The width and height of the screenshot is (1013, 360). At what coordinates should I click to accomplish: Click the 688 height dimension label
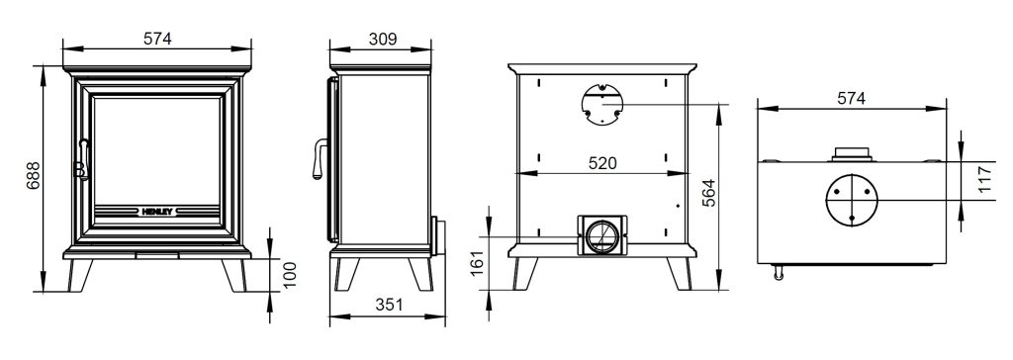pos(33,175)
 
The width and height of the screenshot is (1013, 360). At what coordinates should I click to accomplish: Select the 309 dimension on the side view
pos(383,39)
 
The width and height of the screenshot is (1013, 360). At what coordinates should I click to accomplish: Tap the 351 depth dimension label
pos(388,305)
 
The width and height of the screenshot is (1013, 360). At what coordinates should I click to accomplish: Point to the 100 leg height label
pos(290,275)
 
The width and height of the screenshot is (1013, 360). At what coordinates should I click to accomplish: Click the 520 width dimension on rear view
pos(602,163)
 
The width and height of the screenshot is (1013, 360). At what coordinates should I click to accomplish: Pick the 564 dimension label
pos(708,193)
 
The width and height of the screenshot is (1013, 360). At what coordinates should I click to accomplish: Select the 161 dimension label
pos(477,264)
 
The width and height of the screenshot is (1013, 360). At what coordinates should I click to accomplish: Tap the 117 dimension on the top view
pos(984,180)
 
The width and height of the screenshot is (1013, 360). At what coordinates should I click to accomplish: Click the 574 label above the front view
pos(157,39)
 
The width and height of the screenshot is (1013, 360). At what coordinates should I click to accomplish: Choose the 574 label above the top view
pos(852,98)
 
